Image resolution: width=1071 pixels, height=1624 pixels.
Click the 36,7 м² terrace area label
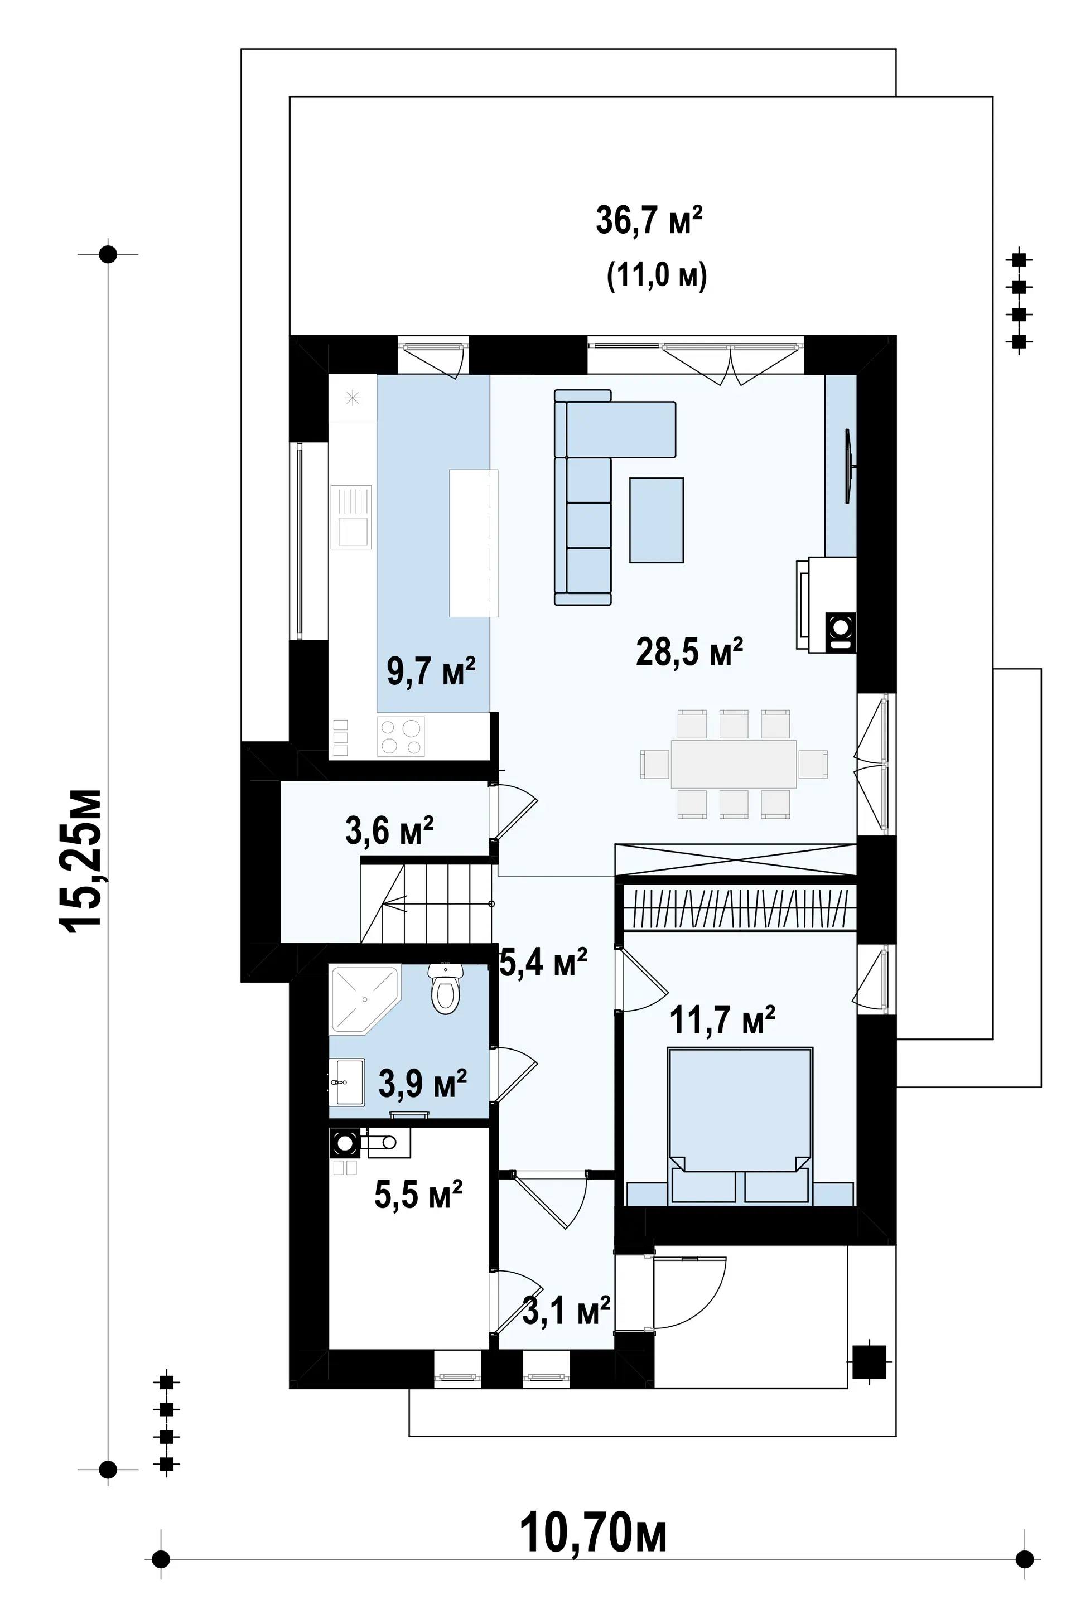(x=649, y=221)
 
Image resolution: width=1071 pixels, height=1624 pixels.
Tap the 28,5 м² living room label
(x=689, y=651)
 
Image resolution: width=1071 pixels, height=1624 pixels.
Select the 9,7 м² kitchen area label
(x=431, y=672)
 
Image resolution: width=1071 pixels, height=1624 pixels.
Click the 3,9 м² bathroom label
(x=423, y=1083)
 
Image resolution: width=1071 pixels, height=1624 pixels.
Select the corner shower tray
(x=365, y=1001)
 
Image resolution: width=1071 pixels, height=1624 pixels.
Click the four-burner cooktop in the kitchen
(x=401, y=736)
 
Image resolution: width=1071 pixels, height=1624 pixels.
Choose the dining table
(x=734, y=763)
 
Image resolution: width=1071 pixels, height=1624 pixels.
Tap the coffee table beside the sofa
(x=657, y=520)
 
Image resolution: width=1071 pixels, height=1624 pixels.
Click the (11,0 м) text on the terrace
(x=657, y=277)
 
